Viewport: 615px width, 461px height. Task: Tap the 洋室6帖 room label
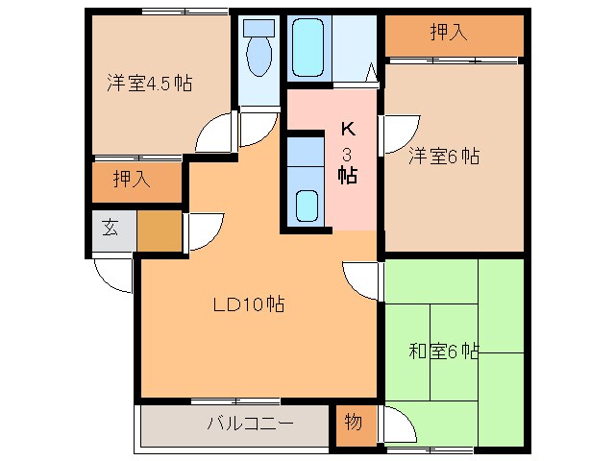(444, 156)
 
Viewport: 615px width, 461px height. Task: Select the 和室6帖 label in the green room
(444, 352)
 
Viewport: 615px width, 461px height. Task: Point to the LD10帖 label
(248, 305)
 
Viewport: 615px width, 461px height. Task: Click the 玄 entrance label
(111, 229)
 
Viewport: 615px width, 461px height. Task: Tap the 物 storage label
(353, 421)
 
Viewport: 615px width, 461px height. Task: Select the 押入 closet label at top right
(448, 33)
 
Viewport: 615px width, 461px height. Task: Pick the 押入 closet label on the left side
(131, 178)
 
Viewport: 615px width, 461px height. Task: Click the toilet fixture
(259, 53)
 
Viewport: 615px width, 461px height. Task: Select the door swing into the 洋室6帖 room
(400, 132)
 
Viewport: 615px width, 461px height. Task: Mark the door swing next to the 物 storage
(399, 423)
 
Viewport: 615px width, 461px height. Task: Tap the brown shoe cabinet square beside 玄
(159, 230)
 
